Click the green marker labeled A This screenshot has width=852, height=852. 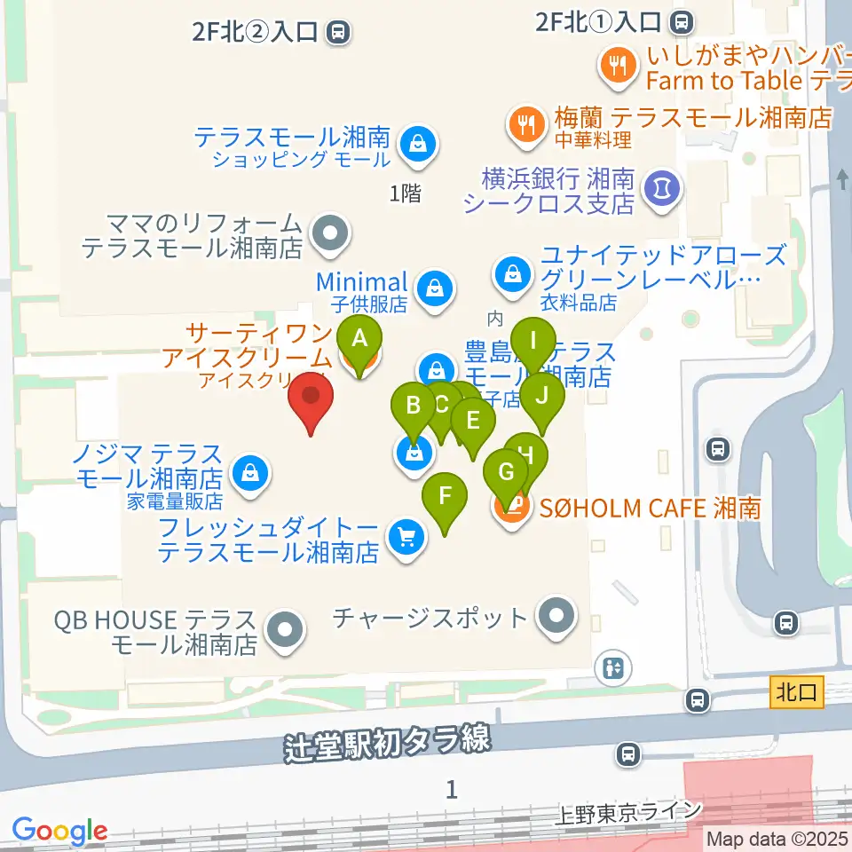tap(359, 340)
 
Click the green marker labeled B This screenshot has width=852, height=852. tap(414, 407)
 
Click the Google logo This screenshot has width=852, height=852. tap(59, 832)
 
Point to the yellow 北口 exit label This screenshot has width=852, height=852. tap(797, 691)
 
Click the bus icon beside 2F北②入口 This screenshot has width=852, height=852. tap(336, 34)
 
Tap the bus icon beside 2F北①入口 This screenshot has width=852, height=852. tap(682, 20)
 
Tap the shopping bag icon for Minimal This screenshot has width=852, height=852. tap(435, 287)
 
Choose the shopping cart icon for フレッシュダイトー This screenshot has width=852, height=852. tap(406, 538)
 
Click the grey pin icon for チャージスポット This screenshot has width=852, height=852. tap(556, 615)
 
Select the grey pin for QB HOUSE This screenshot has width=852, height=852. tap(284, 631)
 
